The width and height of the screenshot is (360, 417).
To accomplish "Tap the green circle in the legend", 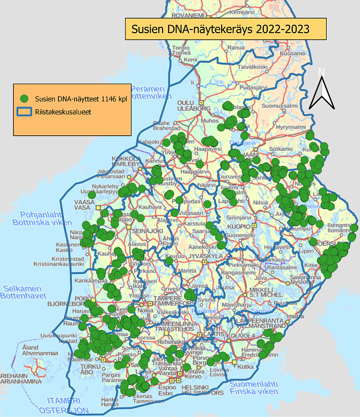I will coord(24,99).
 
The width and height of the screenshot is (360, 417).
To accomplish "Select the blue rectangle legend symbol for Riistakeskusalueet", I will coord(24,112).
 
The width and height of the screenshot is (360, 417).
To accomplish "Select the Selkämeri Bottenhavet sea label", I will coord(26,292).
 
